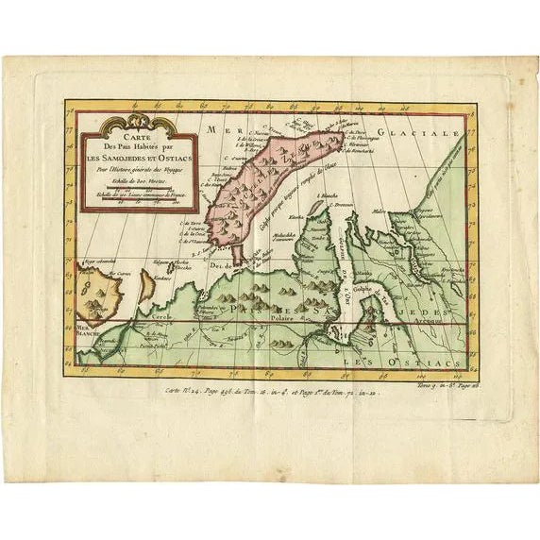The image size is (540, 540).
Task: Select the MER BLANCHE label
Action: (78, 323)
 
